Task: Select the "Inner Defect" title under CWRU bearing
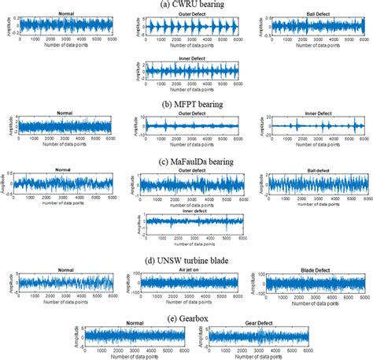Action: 187,61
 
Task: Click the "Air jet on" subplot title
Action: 187,269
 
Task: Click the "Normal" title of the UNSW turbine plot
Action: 61,269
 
